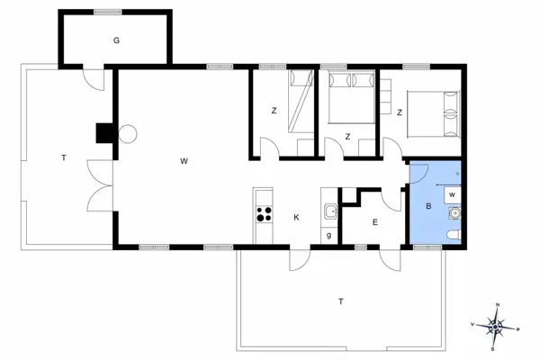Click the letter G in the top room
point(116,40)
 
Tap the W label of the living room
point(184,161)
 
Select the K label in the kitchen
point(295,216)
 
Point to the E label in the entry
point(375,221)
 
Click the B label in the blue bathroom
point(428,206)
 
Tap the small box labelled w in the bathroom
point(453,193)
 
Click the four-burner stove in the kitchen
point(264,214)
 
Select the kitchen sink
point(329,212)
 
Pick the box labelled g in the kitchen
point(329,236)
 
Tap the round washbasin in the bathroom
point(454,213)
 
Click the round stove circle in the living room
point(127,134)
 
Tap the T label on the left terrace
point(63,158)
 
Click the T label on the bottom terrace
point(340,301)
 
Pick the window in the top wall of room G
point(108,12)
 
